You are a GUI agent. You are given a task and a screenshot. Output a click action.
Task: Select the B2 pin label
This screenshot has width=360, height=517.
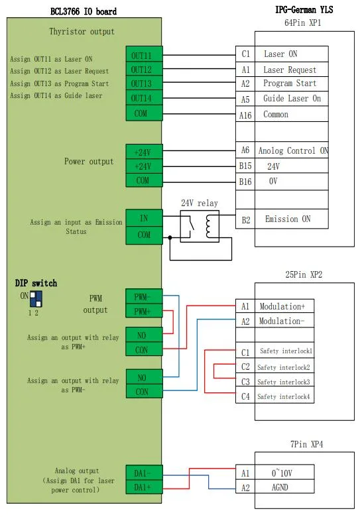tap(245, 219)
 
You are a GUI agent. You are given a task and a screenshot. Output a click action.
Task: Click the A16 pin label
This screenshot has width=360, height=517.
tap(245, 114)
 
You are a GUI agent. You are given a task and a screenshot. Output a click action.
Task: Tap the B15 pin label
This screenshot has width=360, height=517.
tap(245, 166)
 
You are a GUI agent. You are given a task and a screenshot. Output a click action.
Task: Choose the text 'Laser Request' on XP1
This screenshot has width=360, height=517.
tap(290, 70)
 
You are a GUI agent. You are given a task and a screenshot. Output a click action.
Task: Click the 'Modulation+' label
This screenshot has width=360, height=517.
tap(282, 307)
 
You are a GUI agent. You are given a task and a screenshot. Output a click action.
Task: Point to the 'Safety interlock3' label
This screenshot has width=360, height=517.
tap(284, 382)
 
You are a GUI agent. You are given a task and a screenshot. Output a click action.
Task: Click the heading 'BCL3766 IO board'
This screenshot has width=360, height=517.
tap(83, 12)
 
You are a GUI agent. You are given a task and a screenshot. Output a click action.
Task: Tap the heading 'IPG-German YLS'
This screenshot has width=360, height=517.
tap(304, 10)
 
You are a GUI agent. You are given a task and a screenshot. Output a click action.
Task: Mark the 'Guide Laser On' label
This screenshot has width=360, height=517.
tap(292, 99)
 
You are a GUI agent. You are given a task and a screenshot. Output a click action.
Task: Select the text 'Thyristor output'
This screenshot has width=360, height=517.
tap(82, 31)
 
